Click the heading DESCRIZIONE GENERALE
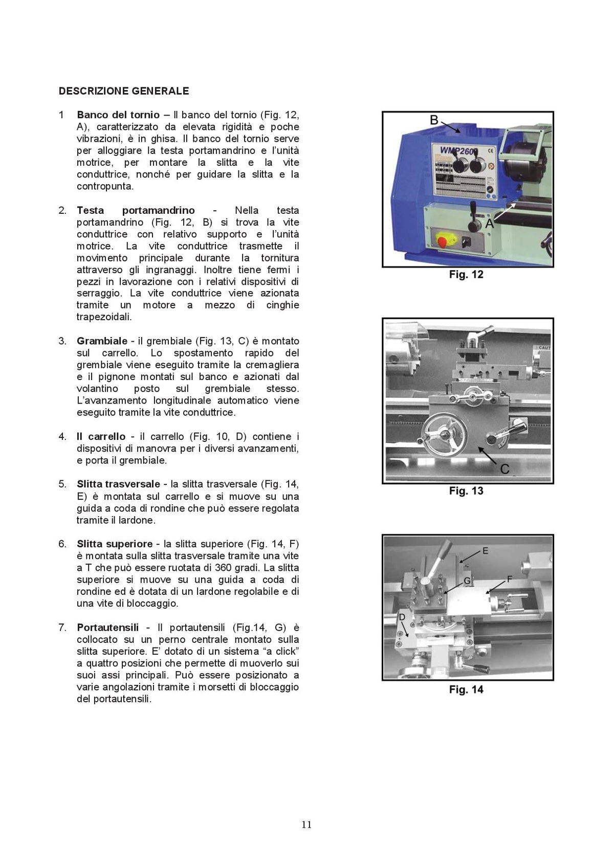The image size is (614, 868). [124, 91]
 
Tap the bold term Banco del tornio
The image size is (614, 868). [118, 115]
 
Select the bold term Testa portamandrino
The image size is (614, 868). [136, 210]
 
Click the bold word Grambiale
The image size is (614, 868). [102, 341]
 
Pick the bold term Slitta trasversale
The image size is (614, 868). [118, 484]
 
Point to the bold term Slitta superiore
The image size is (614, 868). [115, 544]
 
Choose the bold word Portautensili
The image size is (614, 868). [108, 628]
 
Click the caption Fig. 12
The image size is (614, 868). [466, 275]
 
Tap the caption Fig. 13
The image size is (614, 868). [466, 491]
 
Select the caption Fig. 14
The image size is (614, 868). [466, 689]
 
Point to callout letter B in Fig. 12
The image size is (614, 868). [434, 121]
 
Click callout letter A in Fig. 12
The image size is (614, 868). [490, 224]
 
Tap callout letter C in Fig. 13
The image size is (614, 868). [505, 469]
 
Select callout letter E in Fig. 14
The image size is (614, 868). [485, 551]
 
